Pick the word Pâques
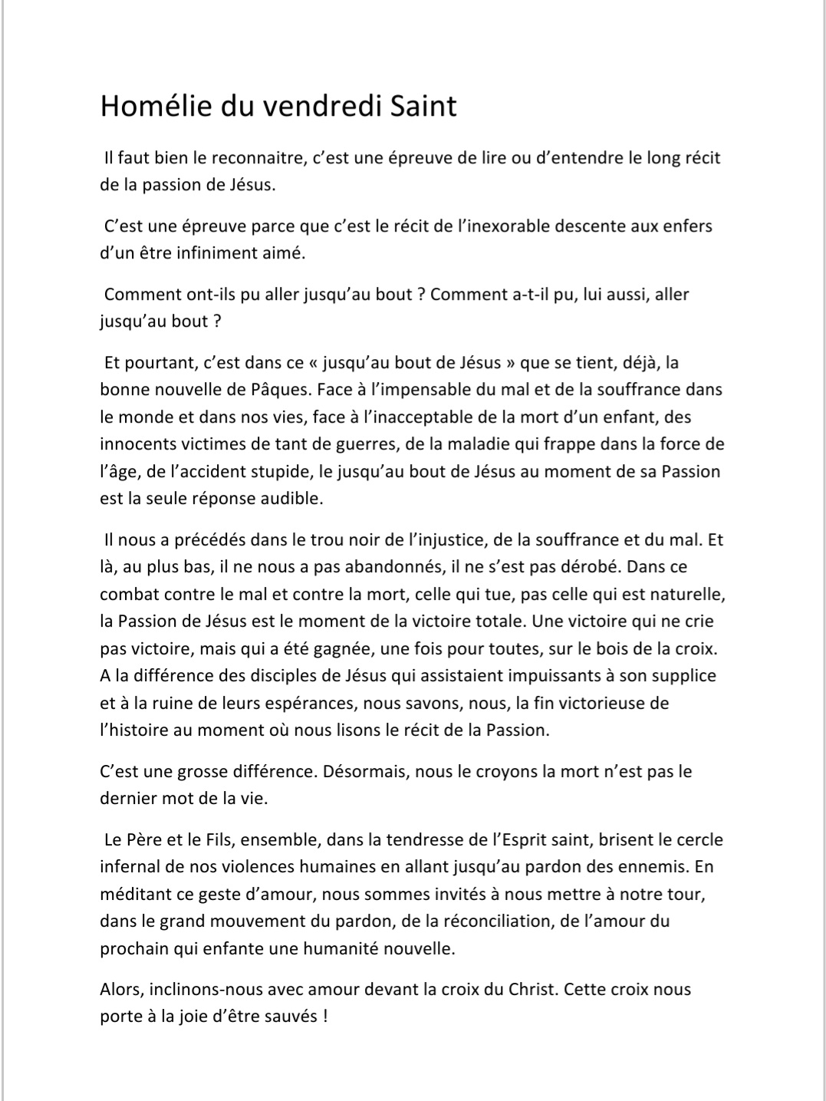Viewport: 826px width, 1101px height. coord(284,389)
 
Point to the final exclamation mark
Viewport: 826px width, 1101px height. coord(326,1017)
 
